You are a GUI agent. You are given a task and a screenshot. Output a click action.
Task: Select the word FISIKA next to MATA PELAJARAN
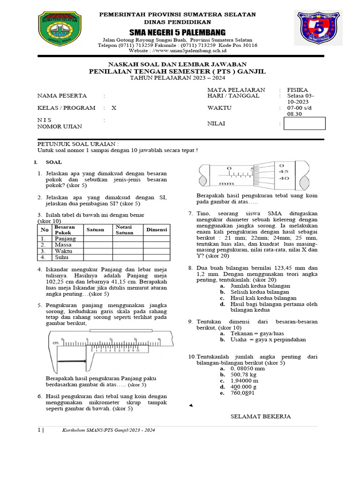pyautogui.click(x=298, y=90)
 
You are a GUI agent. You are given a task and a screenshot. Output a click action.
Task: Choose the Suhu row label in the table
pyautogui.click(x=60, y=257)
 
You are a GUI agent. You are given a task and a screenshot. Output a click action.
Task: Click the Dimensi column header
pyautogui.click(x=157, y=230)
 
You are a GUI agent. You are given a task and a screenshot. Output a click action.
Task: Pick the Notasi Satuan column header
pyautogui.click(x=125, y=230)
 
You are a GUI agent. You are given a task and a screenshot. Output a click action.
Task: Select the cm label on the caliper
pyautogui.click(x=56, y=343)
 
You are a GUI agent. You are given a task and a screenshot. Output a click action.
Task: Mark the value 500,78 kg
pyautogui.click(x=244, y=375)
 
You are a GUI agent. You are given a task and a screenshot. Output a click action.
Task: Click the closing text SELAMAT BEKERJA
pyautogui.click(x=261, y=416)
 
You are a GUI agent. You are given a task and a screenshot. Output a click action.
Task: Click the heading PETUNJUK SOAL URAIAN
pyautogui.click(x=78, y=143)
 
